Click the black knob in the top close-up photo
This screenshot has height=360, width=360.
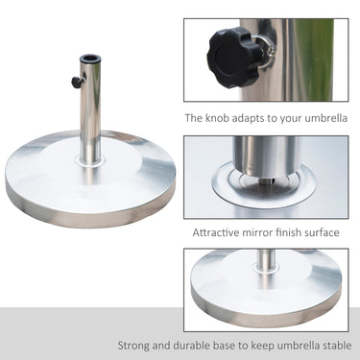228,44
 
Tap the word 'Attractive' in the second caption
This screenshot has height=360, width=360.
220,231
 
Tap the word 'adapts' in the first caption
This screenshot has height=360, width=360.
259,119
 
